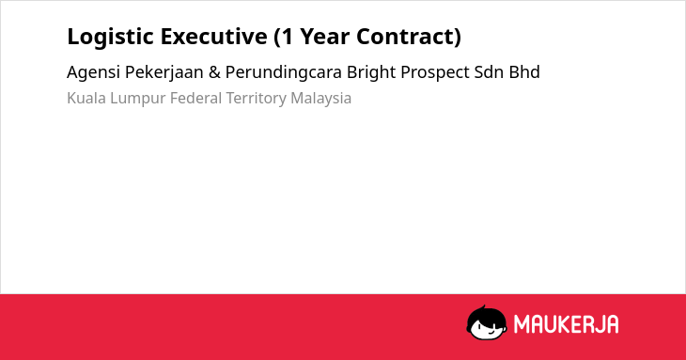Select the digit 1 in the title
click(287, 37)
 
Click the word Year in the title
click(324, 37)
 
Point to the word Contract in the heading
click(405, 37)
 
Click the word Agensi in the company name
click(93, 72)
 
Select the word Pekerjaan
click(164, 72)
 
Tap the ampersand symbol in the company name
click(214, 72)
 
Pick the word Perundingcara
click(284, 72)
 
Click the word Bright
click(371, 72)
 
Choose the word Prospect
click(435, 72)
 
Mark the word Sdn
click(489, 72)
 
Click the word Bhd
click(524, 72)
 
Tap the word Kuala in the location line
click(86, 98)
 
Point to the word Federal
click(196, 98)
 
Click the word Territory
click(256, 99)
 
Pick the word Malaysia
click(321, 99)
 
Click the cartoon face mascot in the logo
click(487, 322)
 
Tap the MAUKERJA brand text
click(566, 324)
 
